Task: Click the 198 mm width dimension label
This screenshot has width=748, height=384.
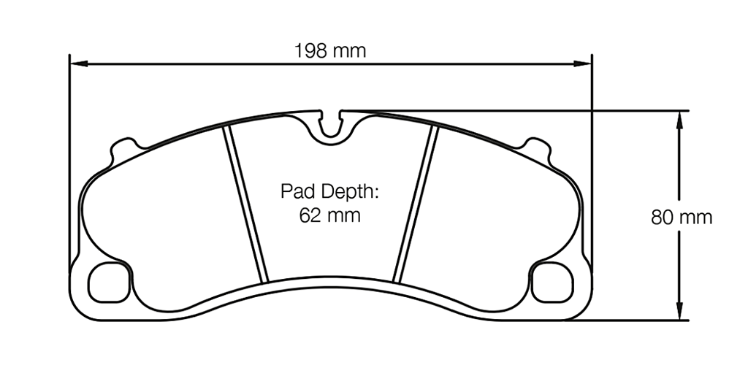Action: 329,51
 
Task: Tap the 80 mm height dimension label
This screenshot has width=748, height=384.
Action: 681,217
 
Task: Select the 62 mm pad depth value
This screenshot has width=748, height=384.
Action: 329,216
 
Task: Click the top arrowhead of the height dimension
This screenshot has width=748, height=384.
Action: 680,117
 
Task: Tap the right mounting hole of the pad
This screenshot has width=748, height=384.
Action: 552,281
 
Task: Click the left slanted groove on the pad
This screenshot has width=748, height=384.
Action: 246,204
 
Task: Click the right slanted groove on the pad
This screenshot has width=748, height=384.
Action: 415,204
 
